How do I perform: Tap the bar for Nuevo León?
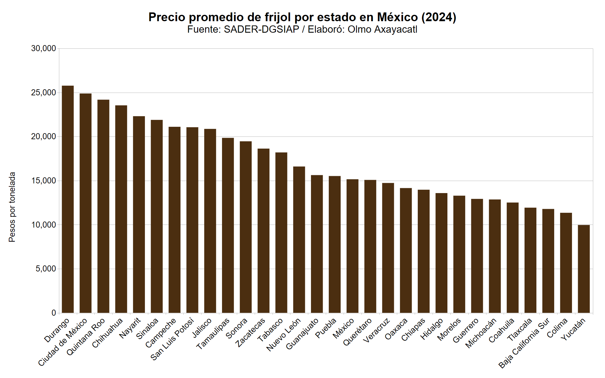[299, 239]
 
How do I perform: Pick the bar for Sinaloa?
[157, 216]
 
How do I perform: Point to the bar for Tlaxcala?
[530, 260]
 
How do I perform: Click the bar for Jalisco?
[210, 221]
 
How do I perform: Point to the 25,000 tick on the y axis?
[44, 93]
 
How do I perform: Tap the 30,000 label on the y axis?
[44, 48]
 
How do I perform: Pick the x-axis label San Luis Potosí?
[172, 339]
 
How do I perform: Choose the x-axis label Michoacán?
[481, 333]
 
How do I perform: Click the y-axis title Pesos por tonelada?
[12, 207]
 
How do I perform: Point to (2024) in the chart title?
[439, 17]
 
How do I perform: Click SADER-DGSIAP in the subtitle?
[261, 29]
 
